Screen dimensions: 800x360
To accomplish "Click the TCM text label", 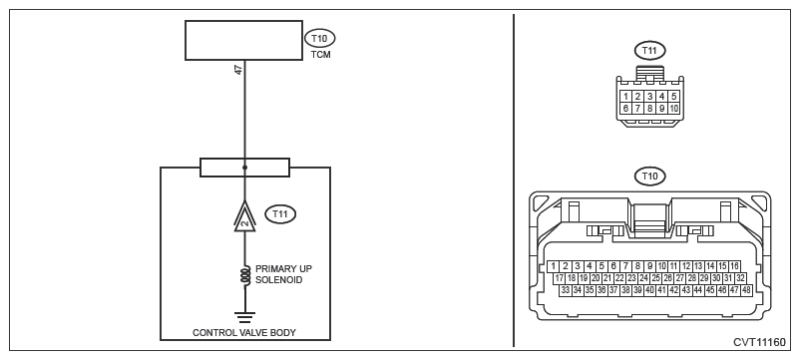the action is [x=320, y=55].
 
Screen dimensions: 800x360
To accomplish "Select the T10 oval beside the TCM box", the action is [x=320, y=38].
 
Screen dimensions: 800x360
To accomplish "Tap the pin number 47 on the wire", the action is [x=238, y=70].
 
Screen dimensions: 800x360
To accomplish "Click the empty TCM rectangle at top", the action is [x=243, y=40].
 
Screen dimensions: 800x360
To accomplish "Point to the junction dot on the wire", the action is [x=244, y=168].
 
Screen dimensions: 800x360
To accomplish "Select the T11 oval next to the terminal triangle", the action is [x=280, y=214].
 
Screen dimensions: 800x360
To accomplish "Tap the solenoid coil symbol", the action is [x=245, y=276].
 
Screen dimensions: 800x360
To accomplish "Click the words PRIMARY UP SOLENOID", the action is [x=283, y=274].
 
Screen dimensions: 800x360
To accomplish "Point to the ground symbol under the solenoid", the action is [x=244, y=317].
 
